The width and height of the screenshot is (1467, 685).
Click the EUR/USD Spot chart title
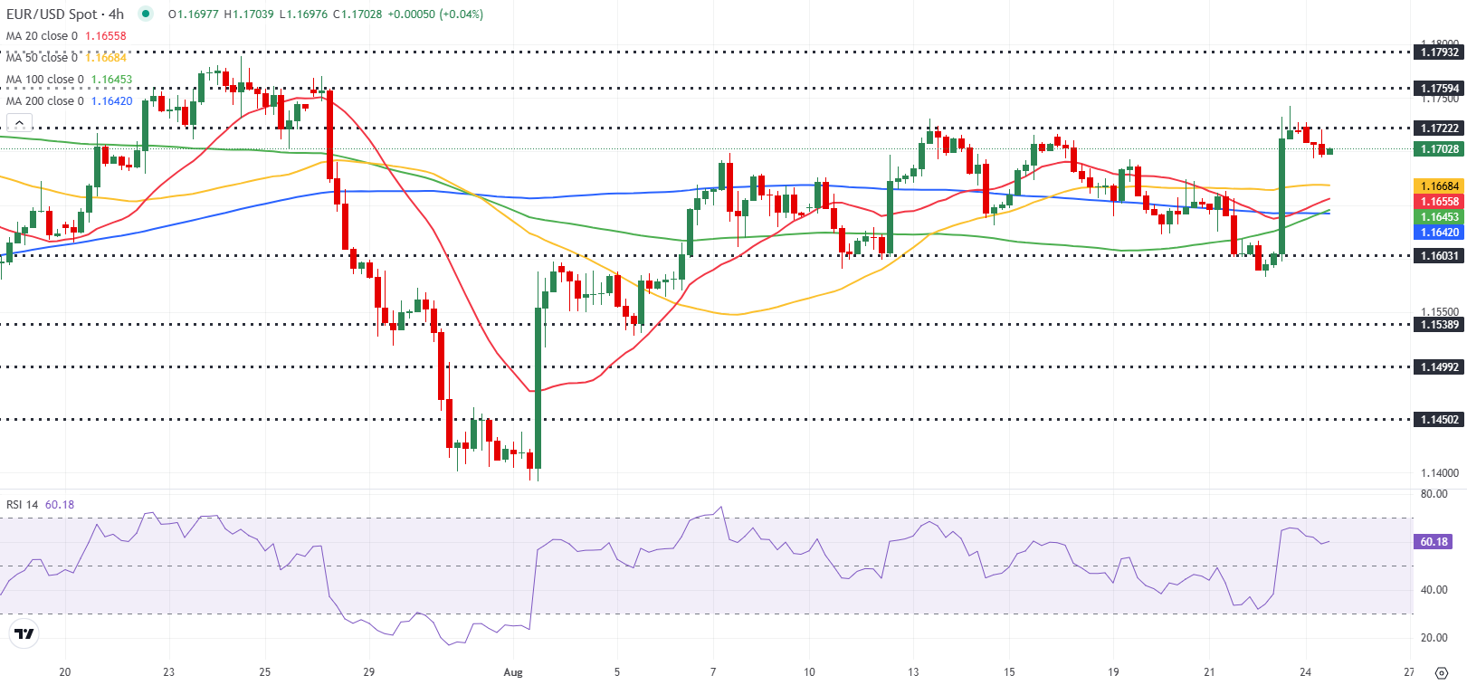pos(64,14)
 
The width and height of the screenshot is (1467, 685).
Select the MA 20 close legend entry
pos(66,36)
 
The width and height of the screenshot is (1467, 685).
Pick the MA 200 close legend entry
pos(69,101)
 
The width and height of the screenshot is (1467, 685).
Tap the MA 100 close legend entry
pos(69,80)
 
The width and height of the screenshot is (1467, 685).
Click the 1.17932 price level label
pos(1438,52)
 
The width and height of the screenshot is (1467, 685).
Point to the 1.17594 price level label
pos(1438,89)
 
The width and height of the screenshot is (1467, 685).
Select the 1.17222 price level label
pos(1438,128)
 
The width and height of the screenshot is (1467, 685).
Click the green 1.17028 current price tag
pos(1438,149)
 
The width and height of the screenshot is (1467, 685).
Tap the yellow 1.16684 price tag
pos(1438,186)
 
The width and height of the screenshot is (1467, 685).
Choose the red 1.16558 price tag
pos(1438,202)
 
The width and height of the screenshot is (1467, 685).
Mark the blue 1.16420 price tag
pos(1438,233)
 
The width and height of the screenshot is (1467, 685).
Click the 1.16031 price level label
pos(1438,256)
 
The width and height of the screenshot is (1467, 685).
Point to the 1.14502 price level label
pos(1438,420)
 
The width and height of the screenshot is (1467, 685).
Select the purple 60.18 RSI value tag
pos(1434,542)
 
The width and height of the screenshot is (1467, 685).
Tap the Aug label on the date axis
pos(513,672)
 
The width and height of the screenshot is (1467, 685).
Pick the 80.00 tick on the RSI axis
pos(1434,494)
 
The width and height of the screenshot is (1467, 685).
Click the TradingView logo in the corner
pos(24,634)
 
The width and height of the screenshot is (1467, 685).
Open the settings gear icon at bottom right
pos(1442,673)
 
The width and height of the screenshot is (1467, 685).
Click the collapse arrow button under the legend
pos(19,123)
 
